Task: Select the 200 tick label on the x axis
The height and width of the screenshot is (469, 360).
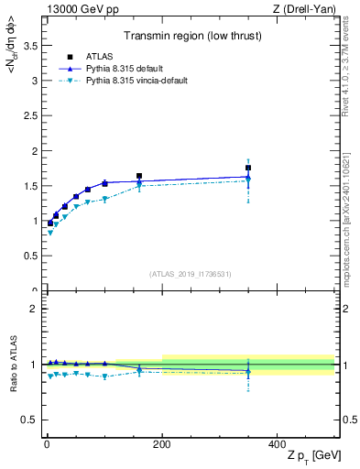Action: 162,444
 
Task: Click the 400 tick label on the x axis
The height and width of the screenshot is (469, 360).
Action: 277,444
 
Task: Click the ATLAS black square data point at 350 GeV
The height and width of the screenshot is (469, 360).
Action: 248,168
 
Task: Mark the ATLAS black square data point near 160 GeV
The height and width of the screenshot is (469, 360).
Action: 139,176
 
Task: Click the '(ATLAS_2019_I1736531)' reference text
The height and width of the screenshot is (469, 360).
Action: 189,274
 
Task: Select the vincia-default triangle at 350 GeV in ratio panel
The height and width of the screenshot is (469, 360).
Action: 248,373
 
